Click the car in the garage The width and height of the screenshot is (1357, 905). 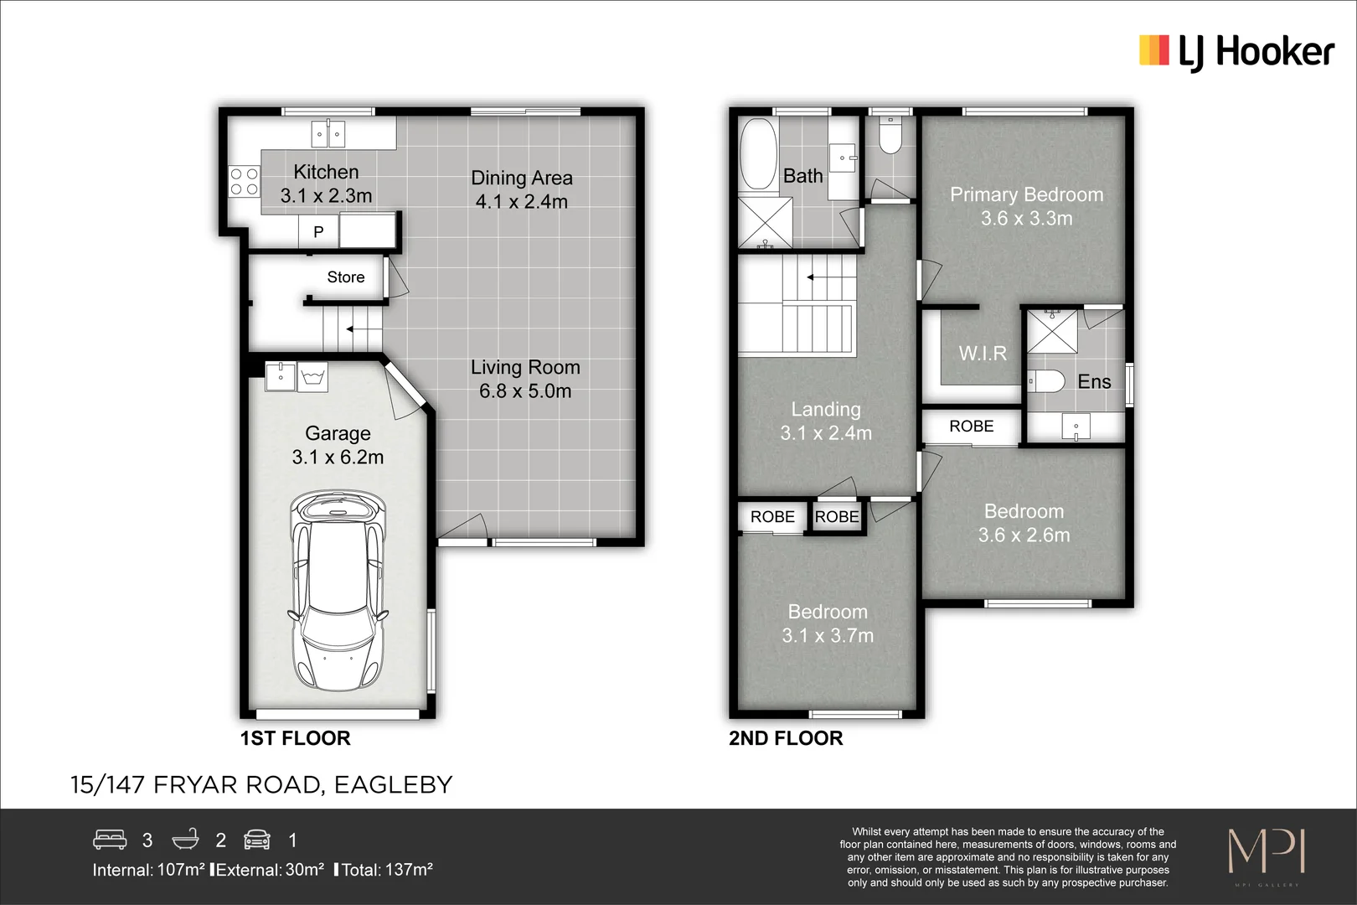[x=338, y=591]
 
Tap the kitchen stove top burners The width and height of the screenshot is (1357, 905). [x=245, y=182]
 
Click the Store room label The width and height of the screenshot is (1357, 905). [x=345, y=277]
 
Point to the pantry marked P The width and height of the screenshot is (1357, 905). [x=318, y=232]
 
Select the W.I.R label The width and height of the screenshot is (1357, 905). [x=983, y=354]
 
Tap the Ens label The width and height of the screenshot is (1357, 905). [x=1094, y=382]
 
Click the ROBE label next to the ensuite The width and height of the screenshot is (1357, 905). [x=971, y=427]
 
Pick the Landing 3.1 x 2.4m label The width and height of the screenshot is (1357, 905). [x=826, y=421]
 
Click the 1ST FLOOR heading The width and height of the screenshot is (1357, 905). [x=295, y=738]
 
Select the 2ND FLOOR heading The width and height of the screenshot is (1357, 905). [x=785, y=738]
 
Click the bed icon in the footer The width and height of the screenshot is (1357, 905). [x=110, y=840]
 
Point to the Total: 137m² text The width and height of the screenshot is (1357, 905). [x=386, y=870]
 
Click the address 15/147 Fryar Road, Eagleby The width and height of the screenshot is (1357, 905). [x=261, y=785]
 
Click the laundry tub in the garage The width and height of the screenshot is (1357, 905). [x=312, y=377]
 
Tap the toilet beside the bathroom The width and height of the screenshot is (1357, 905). [x=890, y=136]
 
